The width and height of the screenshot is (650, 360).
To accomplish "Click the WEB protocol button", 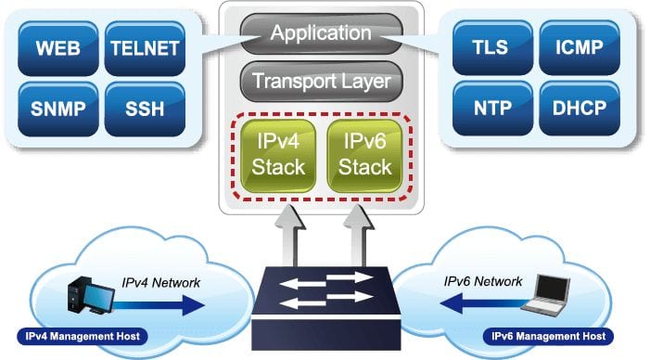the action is [58, 48].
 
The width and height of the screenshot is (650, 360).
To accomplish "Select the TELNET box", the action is [145, 48].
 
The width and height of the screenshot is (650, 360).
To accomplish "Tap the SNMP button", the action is [58, 109].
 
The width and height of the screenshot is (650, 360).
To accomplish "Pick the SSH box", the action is [145, 109].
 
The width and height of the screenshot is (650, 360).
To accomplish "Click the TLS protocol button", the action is [492, 47].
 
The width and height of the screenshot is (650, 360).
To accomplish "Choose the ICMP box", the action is [580, 47].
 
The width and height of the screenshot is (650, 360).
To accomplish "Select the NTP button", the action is [492, 109].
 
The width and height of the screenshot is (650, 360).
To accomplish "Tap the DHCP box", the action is [580, 109].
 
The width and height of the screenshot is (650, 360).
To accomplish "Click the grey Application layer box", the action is [321, 33].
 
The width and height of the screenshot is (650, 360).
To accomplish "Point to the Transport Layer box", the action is [321, 82].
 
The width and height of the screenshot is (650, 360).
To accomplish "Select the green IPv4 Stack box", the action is [278, 156].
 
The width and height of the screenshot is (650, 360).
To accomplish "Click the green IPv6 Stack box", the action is [364, 156].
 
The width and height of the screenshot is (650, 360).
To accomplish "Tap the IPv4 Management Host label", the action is [83, 337].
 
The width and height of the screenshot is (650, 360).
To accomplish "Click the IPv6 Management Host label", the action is [548, 337].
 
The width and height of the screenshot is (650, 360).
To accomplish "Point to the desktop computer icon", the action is [91, 295].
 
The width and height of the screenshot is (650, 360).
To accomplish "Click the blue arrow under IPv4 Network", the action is [159, 305].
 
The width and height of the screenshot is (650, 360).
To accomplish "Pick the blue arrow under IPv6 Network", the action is [485, 303].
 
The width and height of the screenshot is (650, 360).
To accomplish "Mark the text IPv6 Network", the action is [483, 282].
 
